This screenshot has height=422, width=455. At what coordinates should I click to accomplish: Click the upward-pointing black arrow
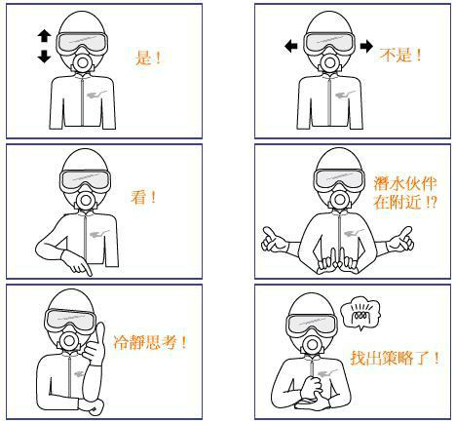[44, 36]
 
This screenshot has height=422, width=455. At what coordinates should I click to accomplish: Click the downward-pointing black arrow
[44, 57]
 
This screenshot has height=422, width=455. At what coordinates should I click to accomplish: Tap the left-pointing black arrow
[291, 46]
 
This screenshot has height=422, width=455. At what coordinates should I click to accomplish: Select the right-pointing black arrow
[366, 46]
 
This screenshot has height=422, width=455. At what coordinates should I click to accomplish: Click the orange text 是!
[148, 58]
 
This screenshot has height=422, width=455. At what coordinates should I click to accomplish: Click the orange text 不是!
[400, 55]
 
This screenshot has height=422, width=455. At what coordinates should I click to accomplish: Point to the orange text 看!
[143, 197]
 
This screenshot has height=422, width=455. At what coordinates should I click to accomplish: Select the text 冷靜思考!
[150, 342]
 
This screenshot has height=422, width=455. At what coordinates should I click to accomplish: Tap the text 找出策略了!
[395, 358]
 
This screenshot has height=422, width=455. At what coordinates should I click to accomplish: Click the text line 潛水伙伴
[404, 184]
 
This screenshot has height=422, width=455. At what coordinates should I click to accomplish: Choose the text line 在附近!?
[405, 202]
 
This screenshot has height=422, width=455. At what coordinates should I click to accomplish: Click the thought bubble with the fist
[360, 315]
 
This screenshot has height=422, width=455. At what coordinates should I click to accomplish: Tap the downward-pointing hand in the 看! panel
[77, 262]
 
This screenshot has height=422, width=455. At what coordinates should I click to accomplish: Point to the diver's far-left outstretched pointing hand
[274, 241]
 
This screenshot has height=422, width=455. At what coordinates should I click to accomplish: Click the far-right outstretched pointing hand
[401, 240]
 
